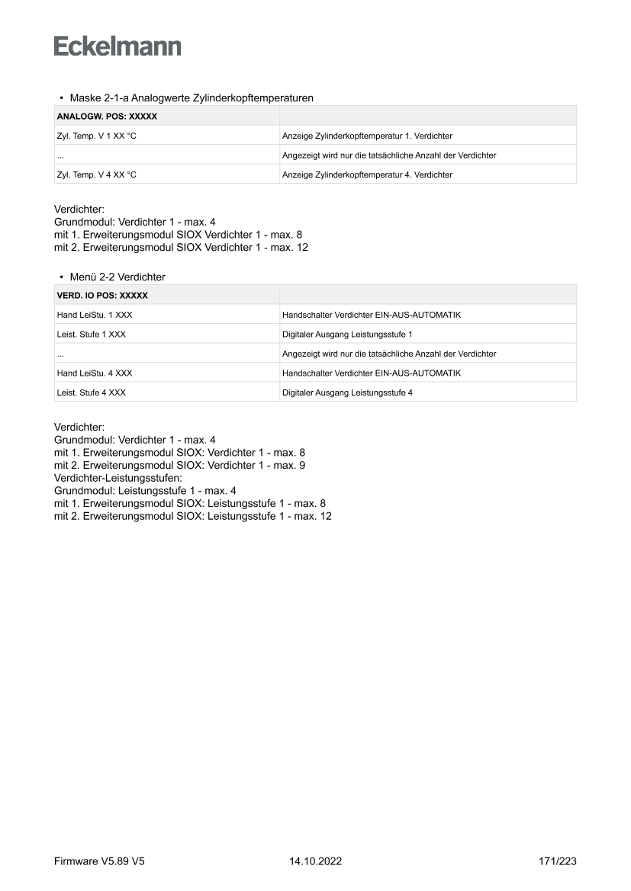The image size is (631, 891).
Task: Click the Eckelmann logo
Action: [118, 46]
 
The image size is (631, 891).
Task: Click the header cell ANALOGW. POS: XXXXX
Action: [107, 117]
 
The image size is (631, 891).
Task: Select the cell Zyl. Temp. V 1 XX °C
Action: [97, 136]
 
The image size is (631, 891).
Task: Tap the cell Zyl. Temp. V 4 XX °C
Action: [97, 175]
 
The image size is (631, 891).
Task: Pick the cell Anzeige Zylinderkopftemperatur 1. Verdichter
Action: [367, 136]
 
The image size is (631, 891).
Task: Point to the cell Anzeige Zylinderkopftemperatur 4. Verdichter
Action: [367, 175]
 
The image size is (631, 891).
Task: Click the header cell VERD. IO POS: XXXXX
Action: [102, 295]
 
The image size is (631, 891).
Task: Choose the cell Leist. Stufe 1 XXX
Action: [92, 334]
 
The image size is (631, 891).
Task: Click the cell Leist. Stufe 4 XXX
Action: [92, 393]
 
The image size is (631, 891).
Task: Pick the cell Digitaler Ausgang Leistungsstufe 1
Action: [347, 334]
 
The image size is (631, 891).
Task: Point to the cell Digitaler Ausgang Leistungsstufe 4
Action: [347, 393]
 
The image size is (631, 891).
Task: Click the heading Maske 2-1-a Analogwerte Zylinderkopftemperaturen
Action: [192, 98]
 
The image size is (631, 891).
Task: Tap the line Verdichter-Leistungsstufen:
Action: [118, 478]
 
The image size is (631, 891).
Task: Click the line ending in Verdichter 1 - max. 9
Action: [180, 465]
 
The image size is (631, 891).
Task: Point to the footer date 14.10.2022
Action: [315, 861]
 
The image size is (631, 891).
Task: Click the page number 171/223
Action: [557, 861]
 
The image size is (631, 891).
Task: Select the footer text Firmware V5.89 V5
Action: [99, 861]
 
